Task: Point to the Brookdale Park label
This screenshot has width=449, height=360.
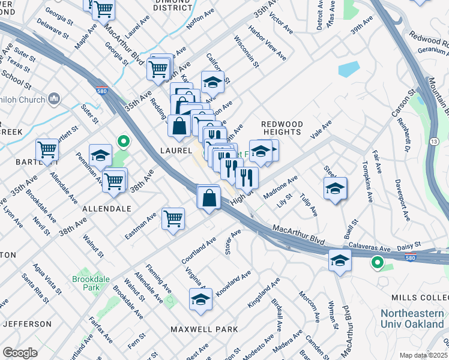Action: [x=85, y=283]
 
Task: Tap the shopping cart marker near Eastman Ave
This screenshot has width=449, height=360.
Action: [x=173, y=218]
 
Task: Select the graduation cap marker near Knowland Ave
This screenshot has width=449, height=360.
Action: [x=200, y=299]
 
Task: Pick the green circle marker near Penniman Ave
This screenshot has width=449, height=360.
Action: [x=123, y=142]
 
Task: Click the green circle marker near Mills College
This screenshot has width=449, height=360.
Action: [x=377, y=262]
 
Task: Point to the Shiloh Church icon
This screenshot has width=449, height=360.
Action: [x=53, y=98]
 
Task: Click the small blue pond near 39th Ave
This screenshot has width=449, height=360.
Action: [x=349, y=69]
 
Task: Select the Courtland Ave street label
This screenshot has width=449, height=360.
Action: [x=199, y=251]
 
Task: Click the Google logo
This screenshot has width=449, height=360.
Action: [x=20, y=352]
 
